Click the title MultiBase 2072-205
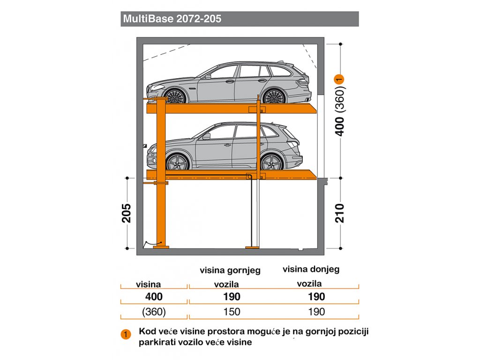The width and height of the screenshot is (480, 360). point(172,19)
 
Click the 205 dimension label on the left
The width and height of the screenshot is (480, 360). point(127,213)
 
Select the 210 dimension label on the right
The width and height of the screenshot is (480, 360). point(339,213)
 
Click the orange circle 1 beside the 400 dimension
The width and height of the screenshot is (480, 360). point(339,79)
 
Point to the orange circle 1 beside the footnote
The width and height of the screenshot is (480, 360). point(126,334)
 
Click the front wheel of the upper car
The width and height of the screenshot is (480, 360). point(174,96)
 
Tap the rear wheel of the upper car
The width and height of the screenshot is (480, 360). point(274,96)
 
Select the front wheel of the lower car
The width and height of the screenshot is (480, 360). point(177,162)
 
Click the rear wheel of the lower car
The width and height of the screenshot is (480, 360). point(271,162)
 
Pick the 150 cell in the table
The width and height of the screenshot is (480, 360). point(232,312)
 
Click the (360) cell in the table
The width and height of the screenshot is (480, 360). point(154,312)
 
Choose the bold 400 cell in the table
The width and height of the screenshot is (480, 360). point(154,296)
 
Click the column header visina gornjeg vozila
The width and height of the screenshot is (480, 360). point(230,277)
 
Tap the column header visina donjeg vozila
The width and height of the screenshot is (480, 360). point(311,276)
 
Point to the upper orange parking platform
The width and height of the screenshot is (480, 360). point(232,108)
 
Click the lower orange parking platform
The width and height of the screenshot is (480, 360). point(232,174)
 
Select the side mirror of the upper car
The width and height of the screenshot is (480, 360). point(208,76)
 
